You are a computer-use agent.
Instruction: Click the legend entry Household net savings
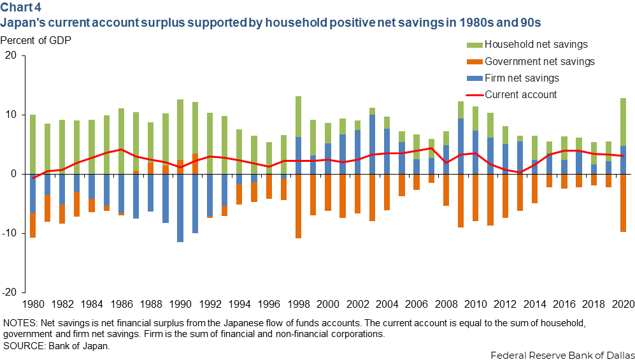point(536,45)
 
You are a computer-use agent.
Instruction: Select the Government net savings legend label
point(539,62)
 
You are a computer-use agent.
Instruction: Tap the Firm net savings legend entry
point(522,78)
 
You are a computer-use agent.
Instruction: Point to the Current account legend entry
point(520,95)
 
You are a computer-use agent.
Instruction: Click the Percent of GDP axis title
point(36,41)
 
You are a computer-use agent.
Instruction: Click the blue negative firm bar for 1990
point(180,208)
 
